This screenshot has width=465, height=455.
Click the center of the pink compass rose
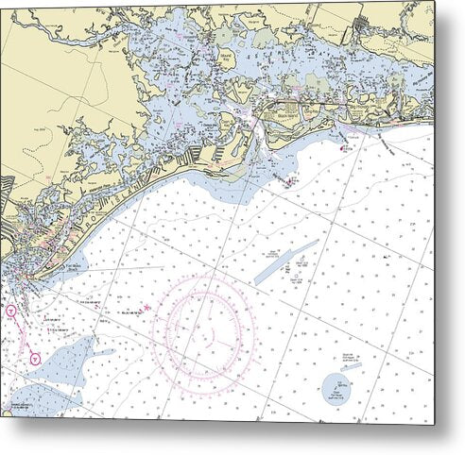pos(202,333)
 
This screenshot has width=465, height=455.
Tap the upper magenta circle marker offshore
pos(11,310)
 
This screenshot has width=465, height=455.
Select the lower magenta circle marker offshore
pos(35,358)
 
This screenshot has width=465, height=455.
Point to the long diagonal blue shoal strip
pos(286,262)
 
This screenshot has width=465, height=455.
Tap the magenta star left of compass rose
pos(146,308)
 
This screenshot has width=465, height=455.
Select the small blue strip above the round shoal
pos(352,366)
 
